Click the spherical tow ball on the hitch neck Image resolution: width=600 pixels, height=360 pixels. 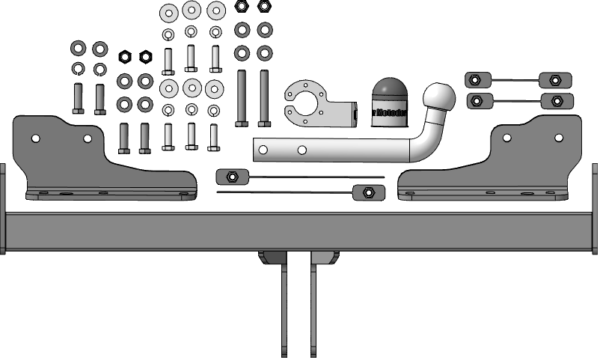pos(439,97)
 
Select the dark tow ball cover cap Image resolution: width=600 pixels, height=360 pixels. pos(389,102)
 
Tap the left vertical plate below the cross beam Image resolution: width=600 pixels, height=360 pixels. pos(284,307)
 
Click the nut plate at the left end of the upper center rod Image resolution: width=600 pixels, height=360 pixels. pos(231,177)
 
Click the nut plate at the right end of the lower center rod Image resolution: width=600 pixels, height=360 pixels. pos(367,193)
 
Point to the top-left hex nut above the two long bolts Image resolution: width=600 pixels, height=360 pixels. pos(242,7)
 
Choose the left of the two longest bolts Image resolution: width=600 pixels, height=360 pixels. pos(242,97)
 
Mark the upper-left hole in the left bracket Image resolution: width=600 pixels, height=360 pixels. pos(35,138)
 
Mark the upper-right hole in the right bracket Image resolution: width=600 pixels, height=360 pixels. pos(557,138)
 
